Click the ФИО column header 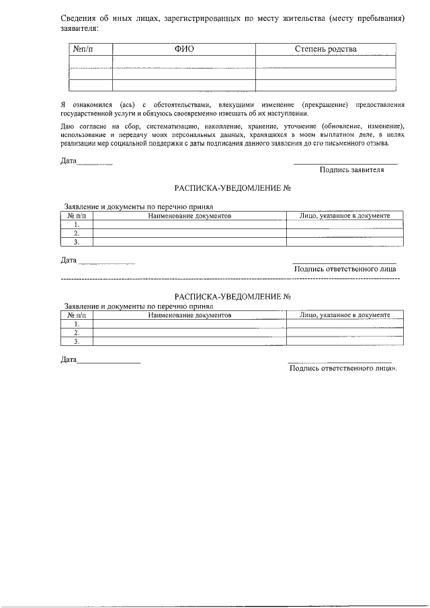pos(184,49)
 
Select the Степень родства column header pos(326,49)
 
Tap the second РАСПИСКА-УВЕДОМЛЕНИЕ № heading pos(232,296)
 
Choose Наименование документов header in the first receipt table pos(189,216)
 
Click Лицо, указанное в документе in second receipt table pos(345,314)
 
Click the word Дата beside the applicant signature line pos(69,161)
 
